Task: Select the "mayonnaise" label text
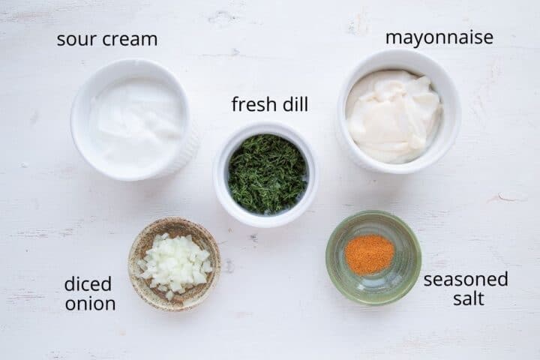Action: (x=439, y=37)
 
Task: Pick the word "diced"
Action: (x=88, y=284)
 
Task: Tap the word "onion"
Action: (x=90, y=304)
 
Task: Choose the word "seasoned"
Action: (x=465, y=280)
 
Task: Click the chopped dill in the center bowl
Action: (x=267, y=173)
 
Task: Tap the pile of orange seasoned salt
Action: (x=369, y=253)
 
